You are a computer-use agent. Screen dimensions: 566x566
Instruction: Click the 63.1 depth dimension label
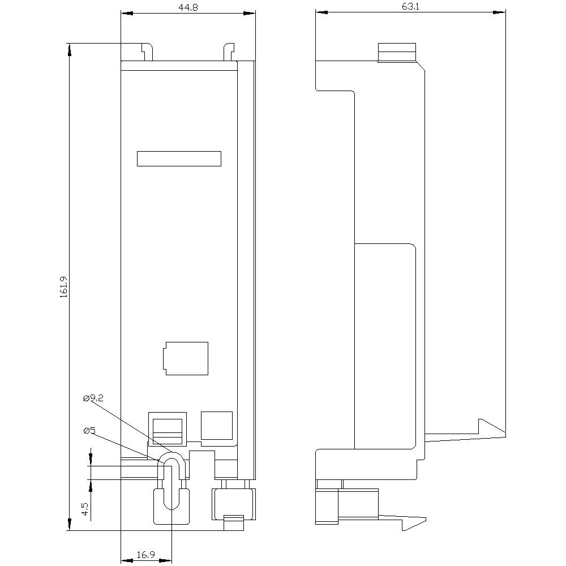click(x=411, y=6)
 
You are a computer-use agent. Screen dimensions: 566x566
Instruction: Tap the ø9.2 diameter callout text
click(x=93, y=399)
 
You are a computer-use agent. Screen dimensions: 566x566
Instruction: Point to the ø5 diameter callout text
click(x=89, y=431)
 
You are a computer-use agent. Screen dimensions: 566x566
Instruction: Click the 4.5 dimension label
click(x=84, y=509)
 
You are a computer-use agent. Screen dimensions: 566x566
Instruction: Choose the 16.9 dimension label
click(x=146, y=555)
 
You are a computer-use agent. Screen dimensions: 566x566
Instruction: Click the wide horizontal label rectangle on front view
click(x=179, y=159)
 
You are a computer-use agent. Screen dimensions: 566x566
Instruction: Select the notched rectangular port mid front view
click(x=186, y=358)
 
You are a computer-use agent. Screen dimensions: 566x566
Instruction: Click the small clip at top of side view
click(x=397, y=52)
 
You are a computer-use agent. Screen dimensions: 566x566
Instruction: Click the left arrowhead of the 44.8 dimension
click(x=126, y=14)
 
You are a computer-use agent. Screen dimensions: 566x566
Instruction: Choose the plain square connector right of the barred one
click(x=217, y=426)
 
